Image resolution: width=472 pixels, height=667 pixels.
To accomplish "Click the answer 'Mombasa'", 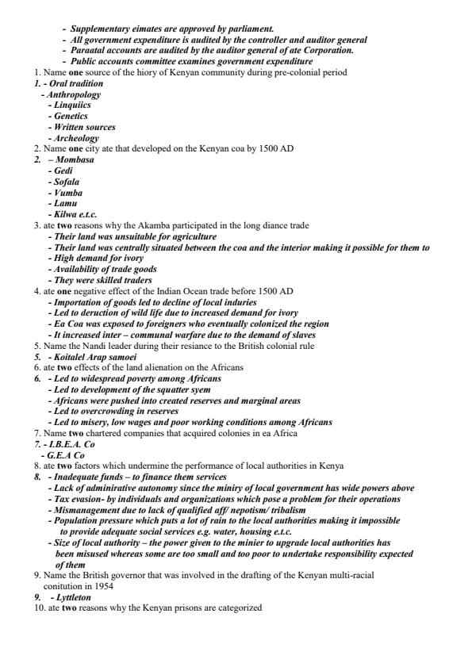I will pos(73,159).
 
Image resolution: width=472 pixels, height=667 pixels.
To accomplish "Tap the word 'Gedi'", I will pos(62,171).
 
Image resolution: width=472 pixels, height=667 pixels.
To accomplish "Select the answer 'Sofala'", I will pos(66,182).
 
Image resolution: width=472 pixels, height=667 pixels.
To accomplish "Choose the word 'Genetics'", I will pos(71,116).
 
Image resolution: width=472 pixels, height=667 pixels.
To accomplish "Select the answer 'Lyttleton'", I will pos(74,597).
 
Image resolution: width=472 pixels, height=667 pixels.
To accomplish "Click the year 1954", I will pos(104,586).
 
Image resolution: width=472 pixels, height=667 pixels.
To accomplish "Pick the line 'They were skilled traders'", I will pos(102,280).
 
